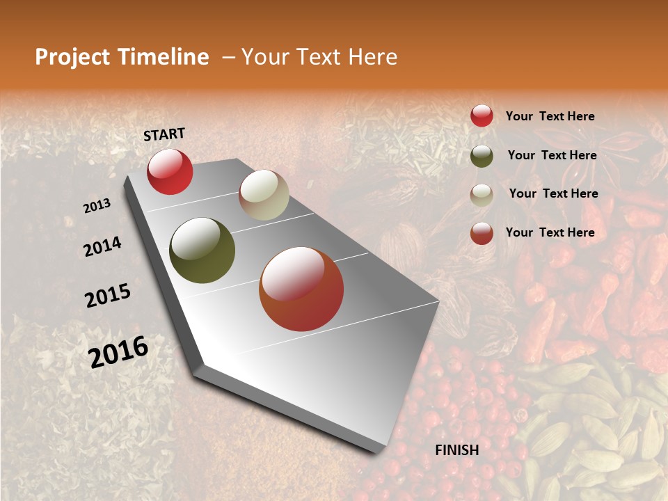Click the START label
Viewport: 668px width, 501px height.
click(x=164, y=134)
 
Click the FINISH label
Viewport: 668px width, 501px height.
click(x=457, y=450)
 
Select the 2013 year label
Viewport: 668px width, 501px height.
click(x=97, y=205)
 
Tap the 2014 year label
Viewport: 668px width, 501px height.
click(x=102, y=246)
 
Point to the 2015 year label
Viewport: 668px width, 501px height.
click(x=108, y=296)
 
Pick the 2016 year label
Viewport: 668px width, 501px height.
click(x=118, y=351)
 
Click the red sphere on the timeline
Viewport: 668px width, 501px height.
click(x=170, y=171)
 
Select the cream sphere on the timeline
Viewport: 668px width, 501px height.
click(x=264, y=195)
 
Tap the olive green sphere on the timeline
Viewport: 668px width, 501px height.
click(x=202, y=250)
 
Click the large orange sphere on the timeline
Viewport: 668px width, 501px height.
click(x=301, y=289)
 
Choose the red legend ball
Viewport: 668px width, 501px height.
click(x=482, y=116)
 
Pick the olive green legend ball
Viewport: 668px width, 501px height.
click(x=482, y=155)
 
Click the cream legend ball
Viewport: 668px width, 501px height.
click(x=482, y=194)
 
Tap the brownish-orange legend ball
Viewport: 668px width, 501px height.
click(x=482, y=233)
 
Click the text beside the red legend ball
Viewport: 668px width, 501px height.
click(x=550, y=116)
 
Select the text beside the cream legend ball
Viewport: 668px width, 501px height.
click(x=553, y=193)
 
